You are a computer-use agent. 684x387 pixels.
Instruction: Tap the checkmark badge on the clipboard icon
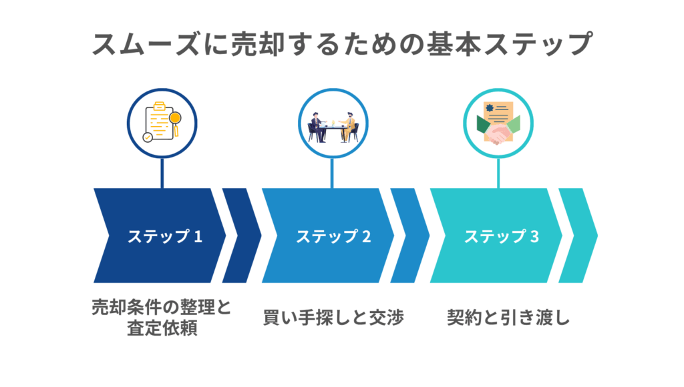(x=148, y=137)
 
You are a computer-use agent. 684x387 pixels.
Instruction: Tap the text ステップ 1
(x=164, y=236)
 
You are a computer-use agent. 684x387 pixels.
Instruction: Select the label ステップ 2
(x=333, y=236)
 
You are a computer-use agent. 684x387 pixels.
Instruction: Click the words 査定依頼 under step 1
(x=162, y=329)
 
